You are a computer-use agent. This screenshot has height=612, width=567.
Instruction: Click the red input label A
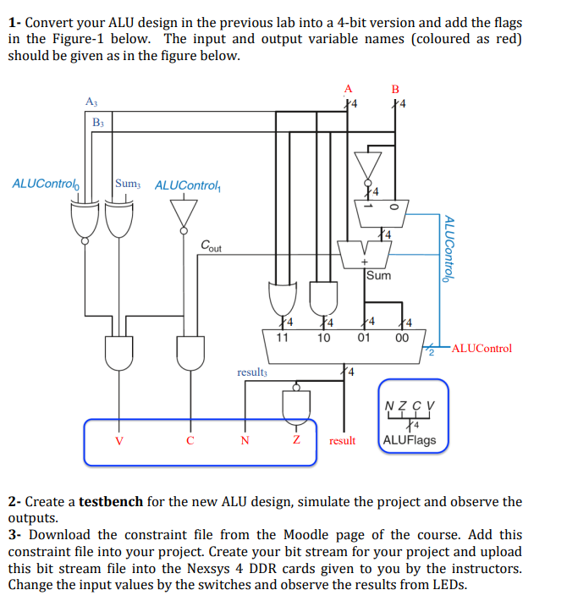(348, 87)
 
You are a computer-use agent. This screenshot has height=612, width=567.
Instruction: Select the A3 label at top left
(91, 102)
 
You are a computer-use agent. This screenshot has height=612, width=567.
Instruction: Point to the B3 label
(99, 123)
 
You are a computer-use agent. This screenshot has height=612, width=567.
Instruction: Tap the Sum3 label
(128, 184)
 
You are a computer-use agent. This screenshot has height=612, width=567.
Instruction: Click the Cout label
(212, 246)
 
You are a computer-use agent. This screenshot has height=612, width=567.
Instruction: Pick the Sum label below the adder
(379, 274)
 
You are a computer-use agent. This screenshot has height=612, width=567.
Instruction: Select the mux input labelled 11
(282, 338)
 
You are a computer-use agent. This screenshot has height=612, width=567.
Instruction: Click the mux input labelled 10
(323, 338)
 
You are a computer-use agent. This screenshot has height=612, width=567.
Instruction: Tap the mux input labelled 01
(364, 338)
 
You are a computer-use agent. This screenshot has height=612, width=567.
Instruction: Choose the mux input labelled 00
(403, 338)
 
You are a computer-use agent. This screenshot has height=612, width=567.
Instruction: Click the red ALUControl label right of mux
(482, 348)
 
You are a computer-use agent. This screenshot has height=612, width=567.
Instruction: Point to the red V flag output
(118, 440)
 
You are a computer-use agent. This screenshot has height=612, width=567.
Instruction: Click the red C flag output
(190, 440)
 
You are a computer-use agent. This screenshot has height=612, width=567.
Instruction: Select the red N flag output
(245, 440)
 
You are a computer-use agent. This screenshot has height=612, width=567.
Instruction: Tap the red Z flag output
(296, 440)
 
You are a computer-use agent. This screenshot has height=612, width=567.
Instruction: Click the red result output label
(342, 441)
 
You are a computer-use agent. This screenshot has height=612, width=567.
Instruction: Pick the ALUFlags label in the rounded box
(410, 440)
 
